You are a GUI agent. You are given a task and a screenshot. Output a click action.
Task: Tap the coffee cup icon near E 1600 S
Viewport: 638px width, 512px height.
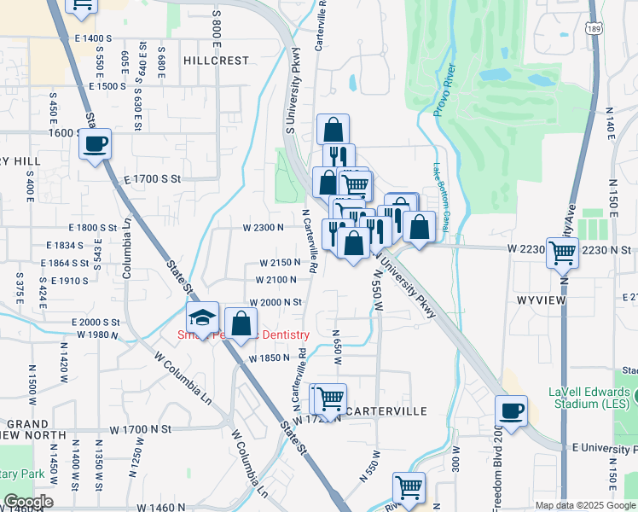tap(96, 143)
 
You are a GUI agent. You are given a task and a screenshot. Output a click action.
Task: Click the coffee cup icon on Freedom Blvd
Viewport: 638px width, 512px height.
tap(512, 411)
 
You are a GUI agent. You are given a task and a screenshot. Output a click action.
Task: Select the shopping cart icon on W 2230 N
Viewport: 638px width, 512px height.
tap(562, 251)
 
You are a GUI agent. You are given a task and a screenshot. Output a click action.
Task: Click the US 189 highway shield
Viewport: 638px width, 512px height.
tap(595, 29)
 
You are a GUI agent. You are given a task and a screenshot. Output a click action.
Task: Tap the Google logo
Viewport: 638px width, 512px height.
tap(27, 502)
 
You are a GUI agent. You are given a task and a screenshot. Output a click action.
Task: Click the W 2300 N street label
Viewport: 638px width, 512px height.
tap(263, 228)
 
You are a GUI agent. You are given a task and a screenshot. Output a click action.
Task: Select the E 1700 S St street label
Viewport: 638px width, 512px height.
tap(153, 179)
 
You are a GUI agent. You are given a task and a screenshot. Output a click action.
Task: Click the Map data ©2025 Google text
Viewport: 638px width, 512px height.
tap(584, 505)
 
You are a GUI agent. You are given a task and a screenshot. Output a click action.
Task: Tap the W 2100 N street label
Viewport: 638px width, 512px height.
tap(277, 279)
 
